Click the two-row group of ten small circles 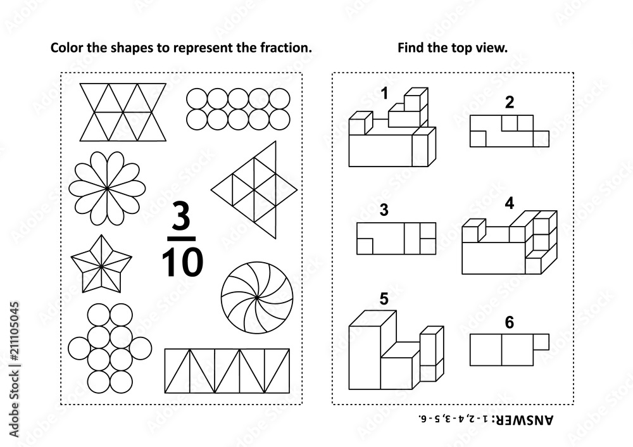(x=238, y=109)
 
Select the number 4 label (x=510, y=204)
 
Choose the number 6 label (x=509, y=322)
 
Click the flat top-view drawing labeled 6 (x=506, y=349)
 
